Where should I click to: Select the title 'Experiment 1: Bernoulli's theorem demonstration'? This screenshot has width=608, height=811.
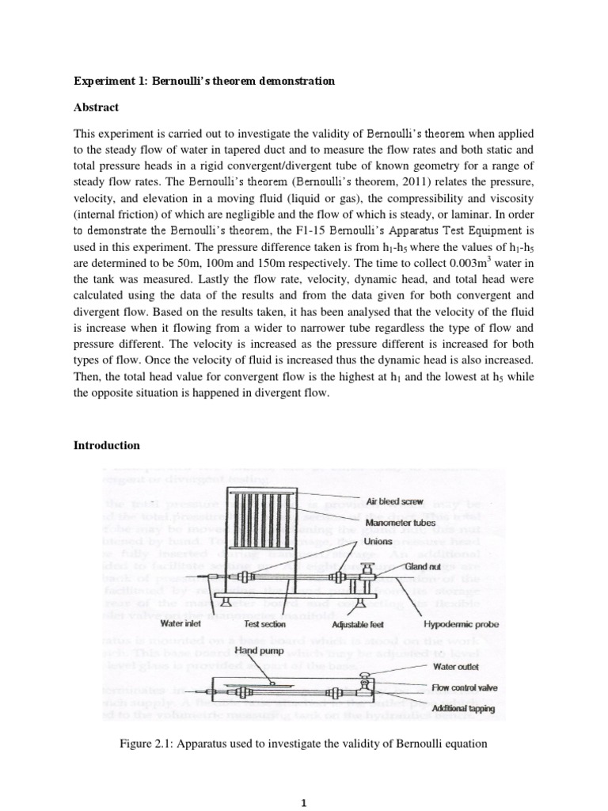click(x=204, y=82)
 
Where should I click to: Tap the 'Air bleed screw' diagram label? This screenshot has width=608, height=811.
click(x=394, y=502)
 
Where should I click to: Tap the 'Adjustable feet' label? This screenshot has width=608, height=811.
click(x=358, y=624)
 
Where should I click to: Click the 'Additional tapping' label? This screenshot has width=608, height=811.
click(x=463, y=708)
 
